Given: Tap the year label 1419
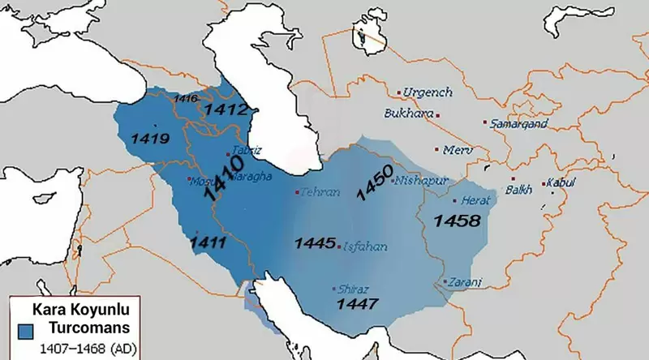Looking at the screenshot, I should coord(149,139).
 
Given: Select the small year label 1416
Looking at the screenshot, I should coord(186,98).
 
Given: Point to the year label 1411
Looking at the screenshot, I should coord(208,241).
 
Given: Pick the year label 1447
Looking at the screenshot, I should coord(358,304).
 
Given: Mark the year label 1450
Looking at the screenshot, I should coord(374,183).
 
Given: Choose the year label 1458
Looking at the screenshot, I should coord(457,220).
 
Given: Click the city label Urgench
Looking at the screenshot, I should coord(428,92).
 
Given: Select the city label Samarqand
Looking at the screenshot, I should coord(519,123).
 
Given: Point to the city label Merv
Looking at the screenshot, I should coord(457,150).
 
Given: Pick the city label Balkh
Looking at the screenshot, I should coord(518,190).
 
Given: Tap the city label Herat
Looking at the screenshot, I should coord(471,199).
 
